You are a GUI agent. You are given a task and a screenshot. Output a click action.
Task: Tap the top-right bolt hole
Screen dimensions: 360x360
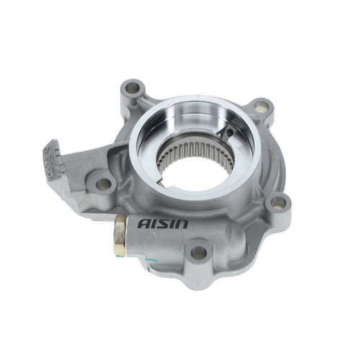261,107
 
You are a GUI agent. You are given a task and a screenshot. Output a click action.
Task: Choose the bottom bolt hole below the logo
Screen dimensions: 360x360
198,253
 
